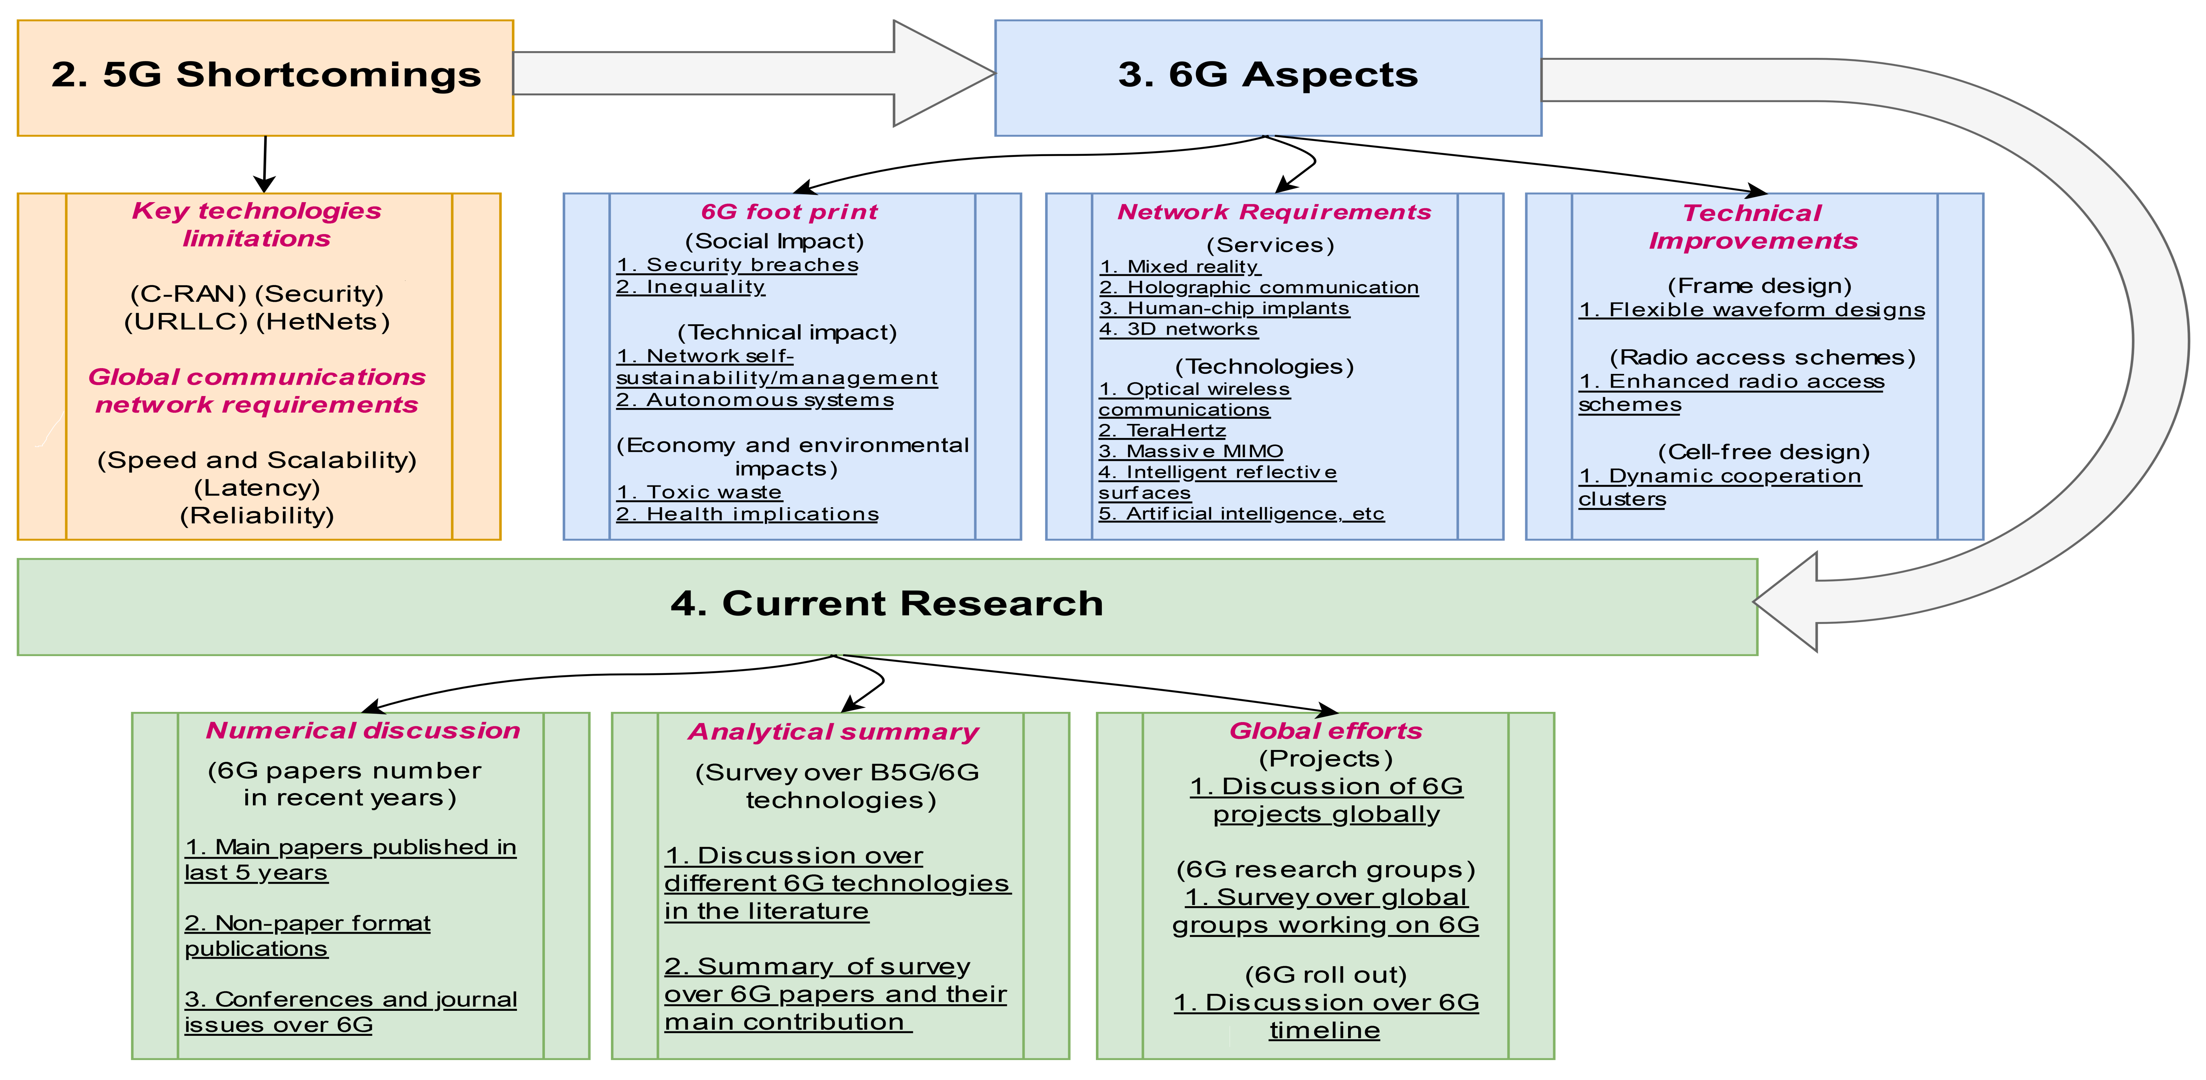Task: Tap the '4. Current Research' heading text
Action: (886, 604)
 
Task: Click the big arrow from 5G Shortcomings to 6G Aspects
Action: (754, 74)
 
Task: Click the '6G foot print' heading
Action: (789, 212)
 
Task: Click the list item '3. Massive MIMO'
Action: (1190, 451)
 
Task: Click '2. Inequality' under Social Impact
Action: (690, 287)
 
